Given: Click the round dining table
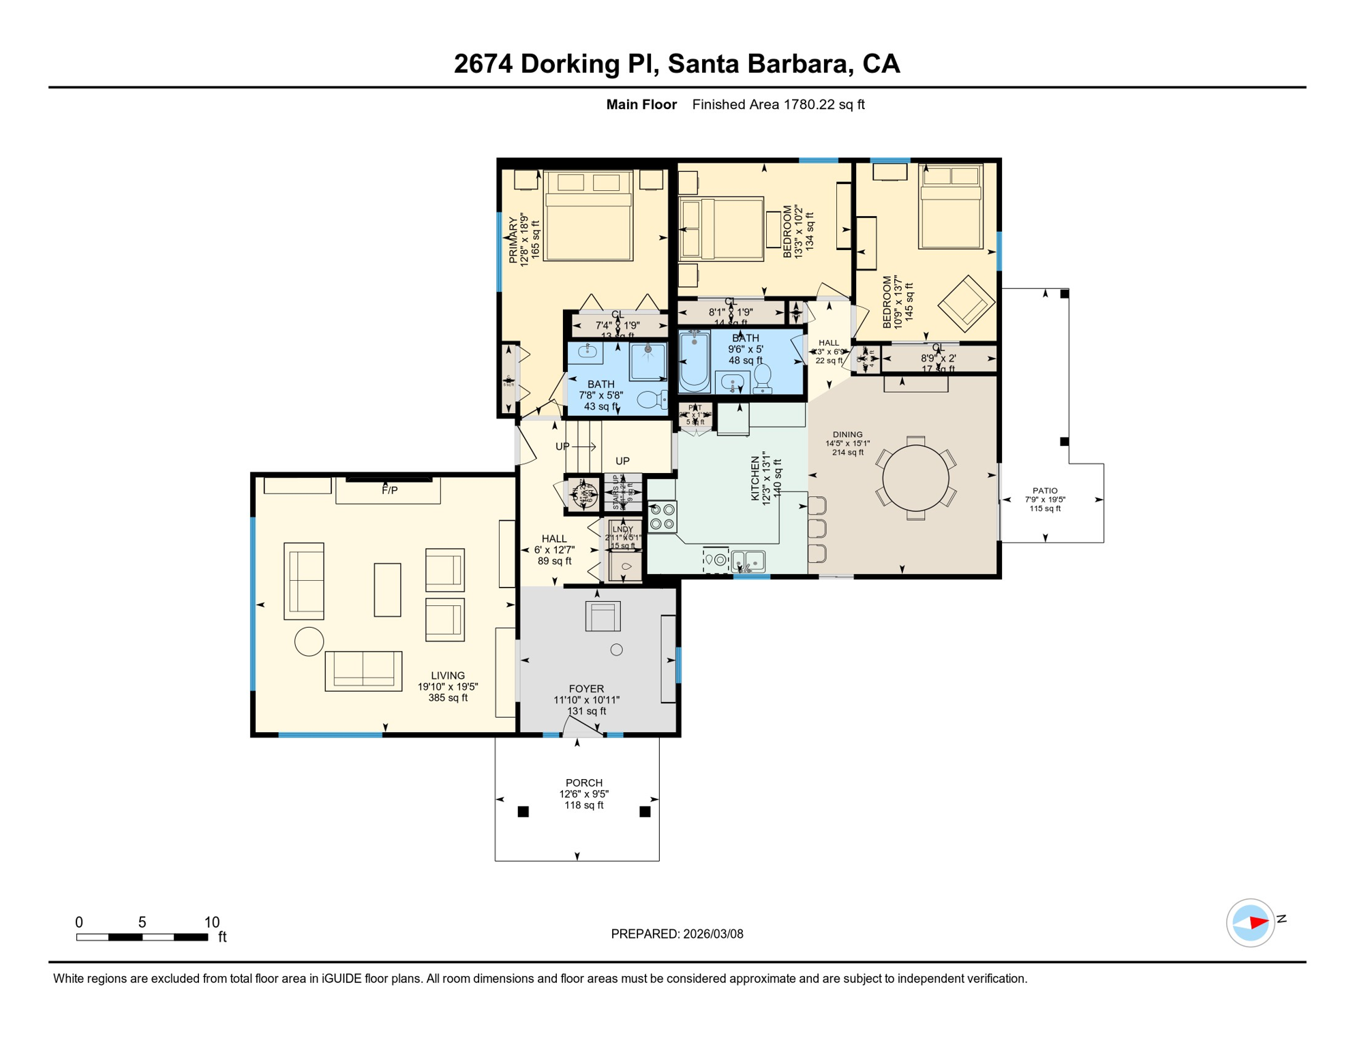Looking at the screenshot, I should (915, 478).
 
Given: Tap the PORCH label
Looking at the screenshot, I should (584, 783).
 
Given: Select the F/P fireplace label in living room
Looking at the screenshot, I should (389, 490).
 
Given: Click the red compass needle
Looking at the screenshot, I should (1258, 923).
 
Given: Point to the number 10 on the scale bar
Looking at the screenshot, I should (212, 922).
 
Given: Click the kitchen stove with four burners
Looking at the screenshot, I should (662, 517).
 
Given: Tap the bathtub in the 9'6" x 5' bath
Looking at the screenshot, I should (694, 361).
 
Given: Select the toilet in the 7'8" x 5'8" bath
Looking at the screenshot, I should (652, 399).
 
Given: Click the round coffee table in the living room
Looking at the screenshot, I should (309, 641).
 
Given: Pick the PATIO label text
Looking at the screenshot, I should (1045, 490).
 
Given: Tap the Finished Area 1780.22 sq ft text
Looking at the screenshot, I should (778, 104).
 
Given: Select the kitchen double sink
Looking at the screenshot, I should (748, 561).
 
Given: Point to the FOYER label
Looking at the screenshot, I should (586, 688).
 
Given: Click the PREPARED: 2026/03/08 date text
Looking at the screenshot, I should (677, 934).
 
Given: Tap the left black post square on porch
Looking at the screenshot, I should (523, 811).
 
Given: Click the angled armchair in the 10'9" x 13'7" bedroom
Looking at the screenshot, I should (966, 303).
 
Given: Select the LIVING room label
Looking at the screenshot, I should (448, 676).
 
